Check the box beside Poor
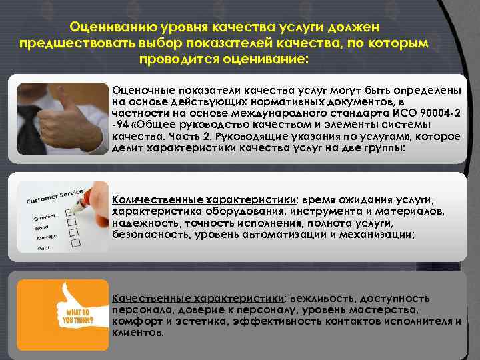tap(74, 243)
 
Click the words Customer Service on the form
tap(55, 196)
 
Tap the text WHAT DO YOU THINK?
tap(79, 315)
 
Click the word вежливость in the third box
tap(319, 298)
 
